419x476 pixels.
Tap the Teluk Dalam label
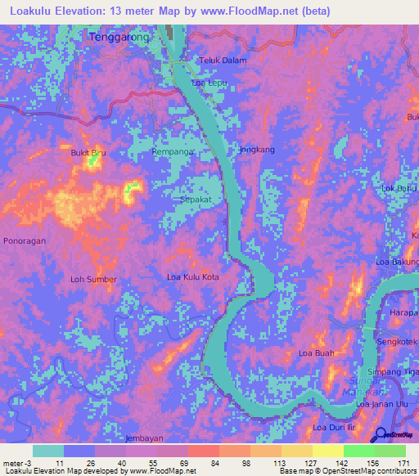(x=223, y=60)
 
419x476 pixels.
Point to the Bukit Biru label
(x=88, y=152)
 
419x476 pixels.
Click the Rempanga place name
(x=173, y=152)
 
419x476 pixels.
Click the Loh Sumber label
(x=93, y=279)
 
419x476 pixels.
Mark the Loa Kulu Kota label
(x=193, y=277)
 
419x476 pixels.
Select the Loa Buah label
(x=317, y=353)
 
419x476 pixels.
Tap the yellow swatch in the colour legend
(x=327, y=451)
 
